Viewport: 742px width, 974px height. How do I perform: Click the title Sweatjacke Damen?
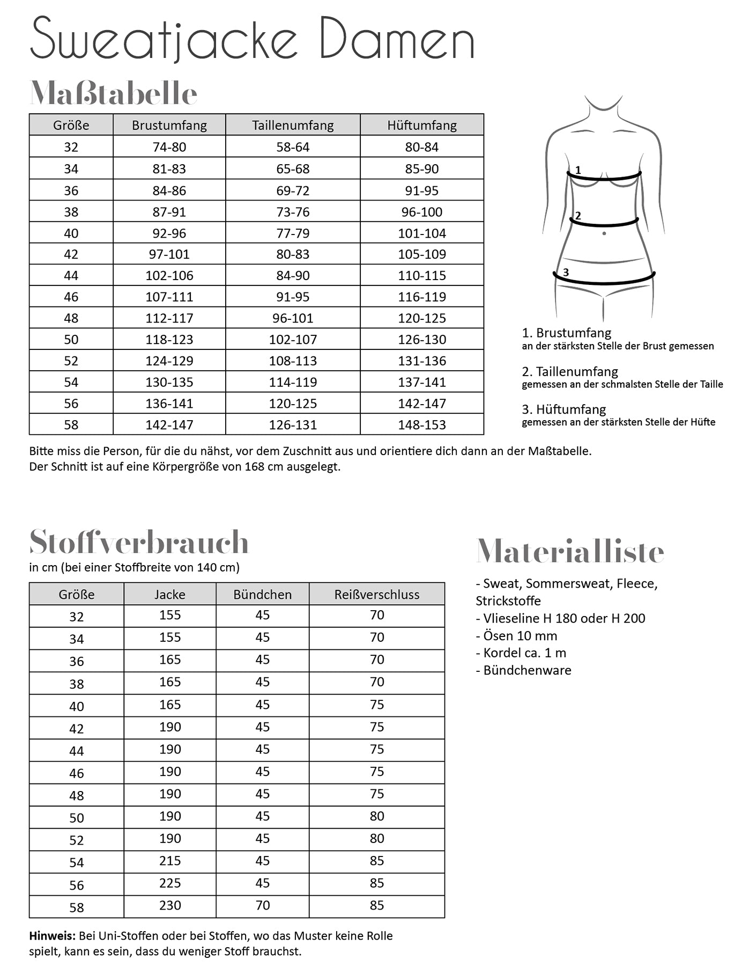tap(252, 39)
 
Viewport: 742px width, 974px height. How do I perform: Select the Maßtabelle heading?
tap(114, 94)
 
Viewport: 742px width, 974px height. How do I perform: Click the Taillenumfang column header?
tap(293, 125)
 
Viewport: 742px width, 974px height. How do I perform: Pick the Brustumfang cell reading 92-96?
tap(169, 233)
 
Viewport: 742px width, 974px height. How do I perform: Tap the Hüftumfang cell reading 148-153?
tap(421, 424)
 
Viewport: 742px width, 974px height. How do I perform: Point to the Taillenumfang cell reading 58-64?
tap(293, 147)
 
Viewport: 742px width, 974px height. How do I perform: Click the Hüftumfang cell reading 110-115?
tap(421, 275)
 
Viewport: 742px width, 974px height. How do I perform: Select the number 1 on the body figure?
tap(578, 170)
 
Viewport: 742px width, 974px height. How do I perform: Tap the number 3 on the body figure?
tap(566, 273)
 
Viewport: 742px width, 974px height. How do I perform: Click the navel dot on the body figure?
tap(604, 233)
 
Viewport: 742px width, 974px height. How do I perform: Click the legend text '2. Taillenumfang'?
tap(570, 371)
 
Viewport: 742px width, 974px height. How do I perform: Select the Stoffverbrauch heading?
tap(139, 542)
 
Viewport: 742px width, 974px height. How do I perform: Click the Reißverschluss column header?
tap(376, 595)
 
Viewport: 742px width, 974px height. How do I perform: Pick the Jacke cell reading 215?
tap(170, 861)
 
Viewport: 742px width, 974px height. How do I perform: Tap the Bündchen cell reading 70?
tap(262, 905)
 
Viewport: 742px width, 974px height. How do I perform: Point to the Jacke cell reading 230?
tap(170, 905)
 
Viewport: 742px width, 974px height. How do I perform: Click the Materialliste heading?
tap(570, 552)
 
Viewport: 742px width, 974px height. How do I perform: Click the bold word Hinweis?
tap(52, 936)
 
